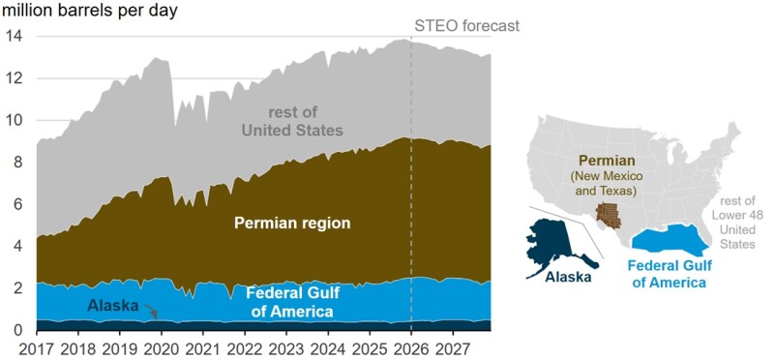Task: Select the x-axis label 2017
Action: pyautogui.click(x=36, y=346)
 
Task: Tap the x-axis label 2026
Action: pyautogui.click(x=411, y=346)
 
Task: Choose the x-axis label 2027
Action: pyautogui.click(x=453, y=346)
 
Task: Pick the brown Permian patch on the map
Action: pyautogui.click(x=610, y=215)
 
